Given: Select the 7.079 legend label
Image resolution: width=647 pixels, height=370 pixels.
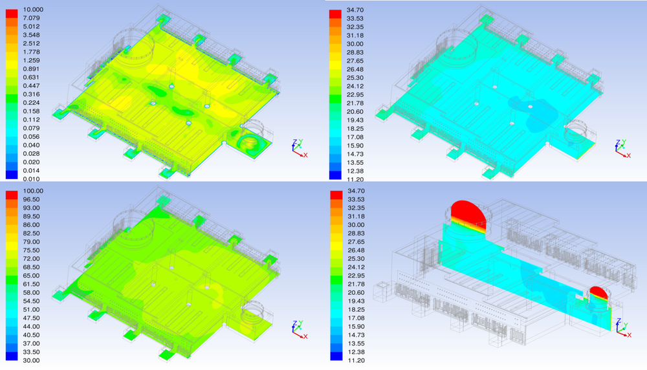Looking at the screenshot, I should pyautogui.click(x=32, y=18).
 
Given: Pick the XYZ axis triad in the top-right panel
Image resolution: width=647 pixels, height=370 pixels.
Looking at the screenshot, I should pyautogui.click(x=620, y=148).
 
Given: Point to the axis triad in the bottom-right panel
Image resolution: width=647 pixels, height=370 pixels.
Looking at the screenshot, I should pyautogui.click(x=622, y=326).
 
